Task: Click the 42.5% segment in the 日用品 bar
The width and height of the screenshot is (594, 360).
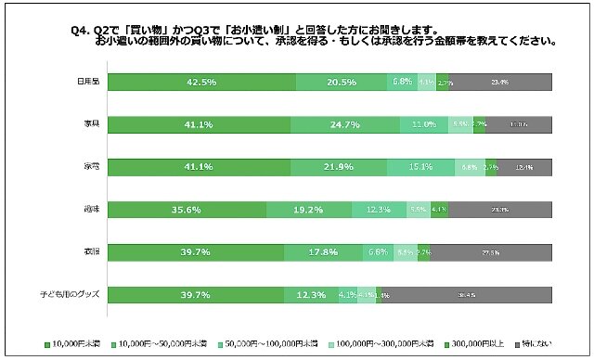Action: pyautogui.click(x=202, y=82)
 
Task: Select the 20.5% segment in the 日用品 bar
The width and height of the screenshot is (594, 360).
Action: pyautogui.click(x=341, y=82)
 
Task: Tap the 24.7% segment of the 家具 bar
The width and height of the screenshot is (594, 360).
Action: pyautogui.click(x=345, y=124)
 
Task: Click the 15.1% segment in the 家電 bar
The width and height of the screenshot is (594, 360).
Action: pyautogui.click(x=420, y=167)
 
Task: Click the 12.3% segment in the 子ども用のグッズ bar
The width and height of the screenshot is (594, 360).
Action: pyautogui.click(x=311, y=295)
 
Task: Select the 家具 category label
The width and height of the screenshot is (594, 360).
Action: pyautogui.click(x=92, y=124)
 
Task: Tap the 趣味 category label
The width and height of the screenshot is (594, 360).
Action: pyautogui.click(x=92, y=210)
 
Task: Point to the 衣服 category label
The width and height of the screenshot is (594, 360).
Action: pyautogui.click(x=92, y=252)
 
